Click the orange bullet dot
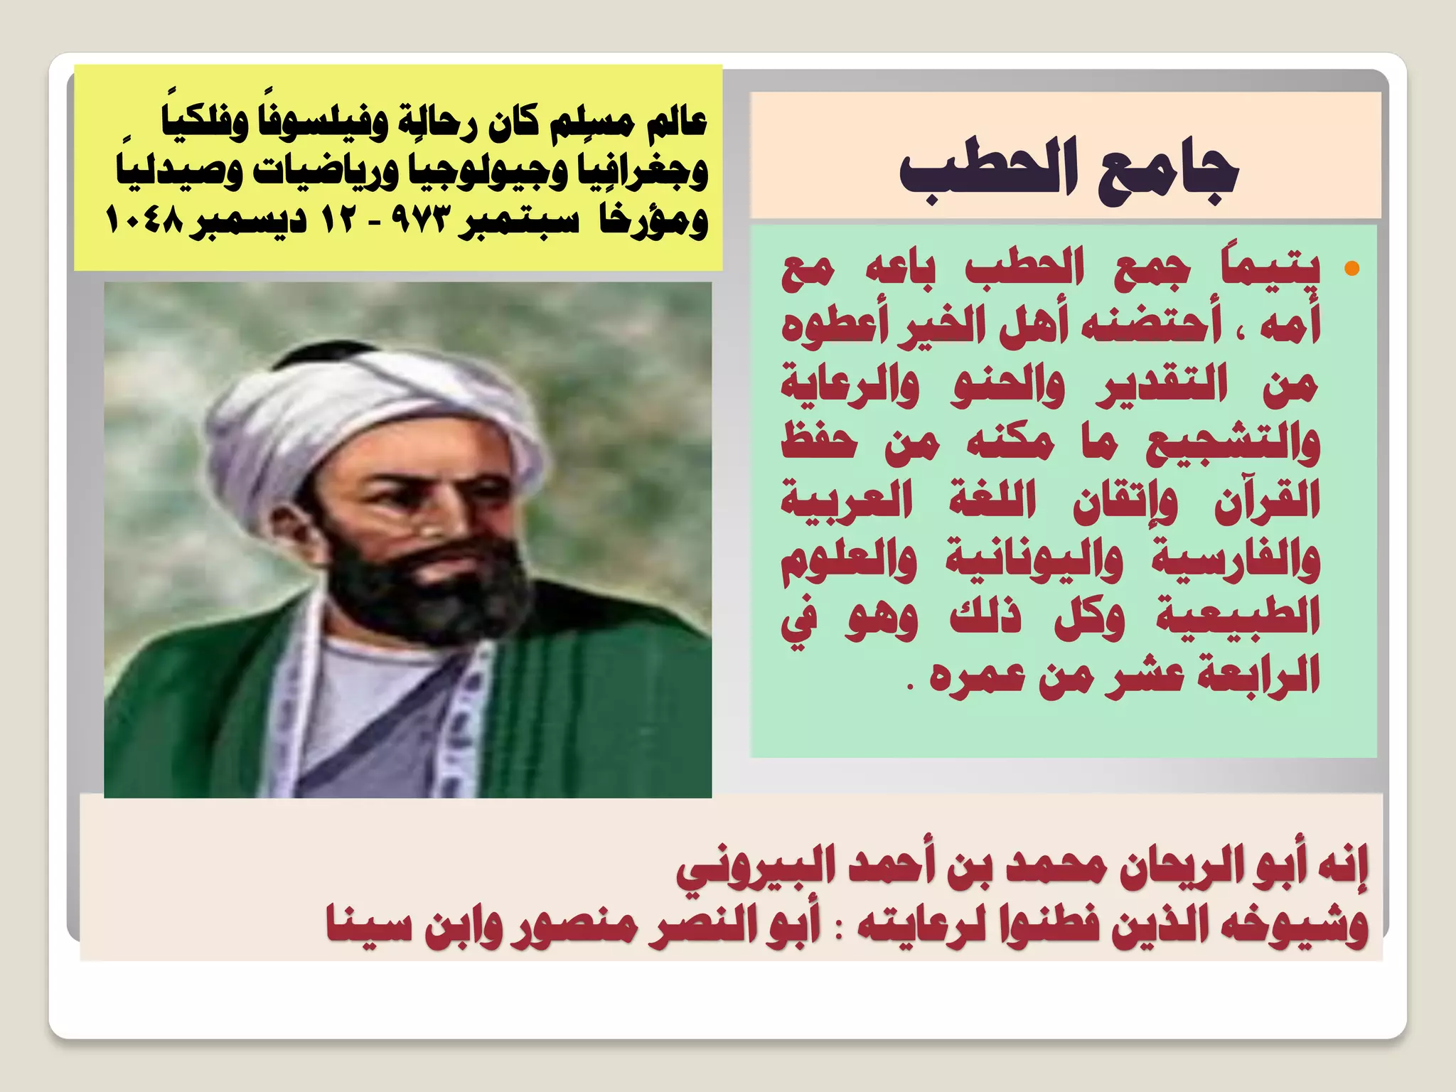point(1351,269)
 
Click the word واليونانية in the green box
point(1034,560)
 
